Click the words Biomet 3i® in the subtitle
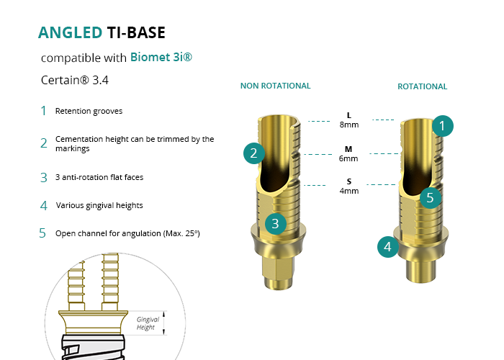(x=161, y=57)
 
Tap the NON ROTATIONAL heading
(x=275, y=86)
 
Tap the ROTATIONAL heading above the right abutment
(x=422, y=86)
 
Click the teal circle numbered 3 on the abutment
(x=275, y=223)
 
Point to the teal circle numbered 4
(x=388, y=248)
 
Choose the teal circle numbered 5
(x=430, y=197)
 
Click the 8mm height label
(x=349, y=125)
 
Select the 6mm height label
(x=349, y=158)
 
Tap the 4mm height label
(x=349, y=192)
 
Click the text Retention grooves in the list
(x=89, y=112)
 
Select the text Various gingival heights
(x=99, y=205)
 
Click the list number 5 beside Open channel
(x=43, y=233)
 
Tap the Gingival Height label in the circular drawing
(x=148, y=323)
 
